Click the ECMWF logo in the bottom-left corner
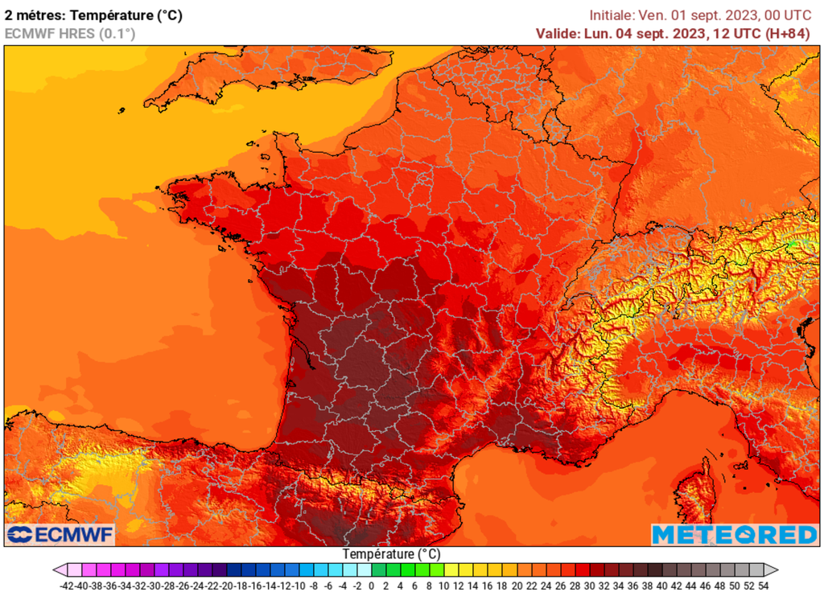tap(60, 535)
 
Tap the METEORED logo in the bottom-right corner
tap(734, 535)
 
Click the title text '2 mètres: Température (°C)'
tap(93, 14)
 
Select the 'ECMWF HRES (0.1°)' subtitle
tap(70, 34)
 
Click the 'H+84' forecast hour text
tap(786, 34)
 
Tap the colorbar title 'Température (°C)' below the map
tap(392, 554)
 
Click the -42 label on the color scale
tap(68, 586)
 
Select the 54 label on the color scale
tap(763, 586)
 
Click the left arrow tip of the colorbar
tap(56, 569)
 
